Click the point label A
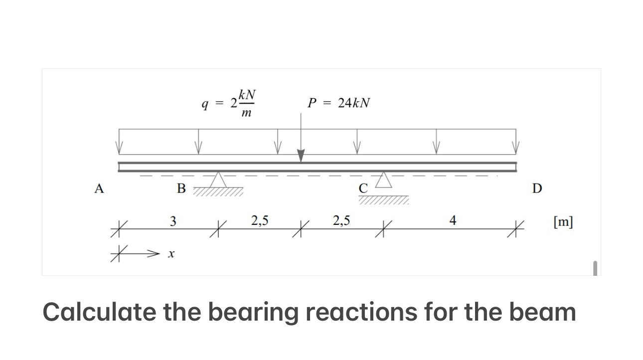pos(100,188)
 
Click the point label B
pos(181,188)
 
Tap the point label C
pos(363,188)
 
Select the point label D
pos(537,188)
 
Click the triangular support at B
pos(218,180)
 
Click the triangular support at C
pos(383,179)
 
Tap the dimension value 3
pos(172,220)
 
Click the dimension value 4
pos(453,220)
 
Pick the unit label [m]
pos(563,221)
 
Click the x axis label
pos(170,254)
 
